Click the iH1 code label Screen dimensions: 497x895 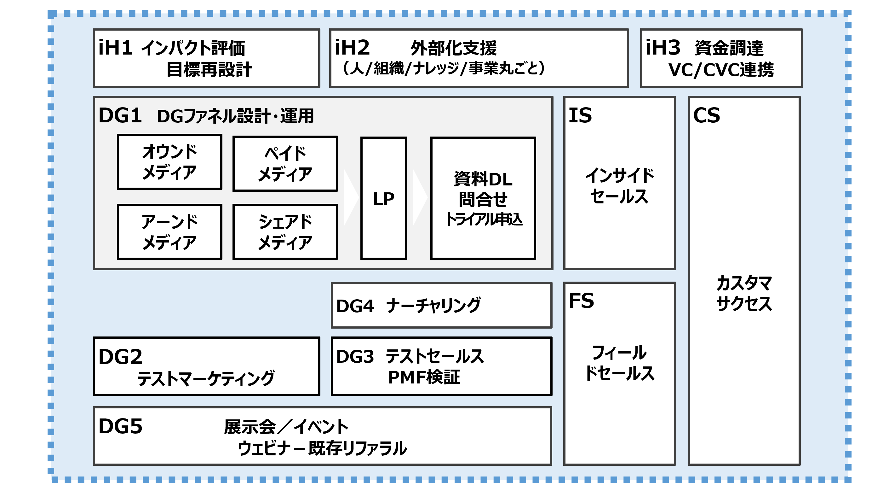click(x=115, y=48)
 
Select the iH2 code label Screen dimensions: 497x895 click(x=352, y=48)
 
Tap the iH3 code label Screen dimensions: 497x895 click(x=663, y=48)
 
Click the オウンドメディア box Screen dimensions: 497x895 click(x=169, y=162)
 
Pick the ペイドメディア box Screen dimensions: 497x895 click(x=285, y=164)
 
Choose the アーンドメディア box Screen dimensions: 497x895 click(x=169, y=232)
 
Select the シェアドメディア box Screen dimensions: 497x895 click(x=285, y=232)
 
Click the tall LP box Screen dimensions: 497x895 click(x=384, y=198)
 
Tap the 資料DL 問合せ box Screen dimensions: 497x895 click(x=483, y=198)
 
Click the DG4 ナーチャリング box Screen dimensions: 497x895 click(x=441, y=305)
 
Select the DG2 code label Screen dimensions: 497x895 click(x=120, y=357)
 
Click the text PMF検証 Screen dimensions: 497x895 click(x=424, y=377)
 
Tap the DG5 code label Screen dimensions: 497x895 click(x=120, y=426)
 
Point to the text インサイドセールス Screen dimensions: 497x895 click(x=619, y=186)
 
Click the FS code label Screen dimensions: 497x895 click(x=581, y=301)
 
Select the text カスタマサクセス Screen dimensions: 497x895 click(x=744, y=293)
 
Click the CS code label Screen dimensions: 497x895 click(x=706, y=115)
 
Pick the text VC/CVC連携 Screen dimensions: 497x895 click(x=721, y=70)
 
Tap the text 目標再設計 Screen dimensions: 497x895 click(x=209, y=70)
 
